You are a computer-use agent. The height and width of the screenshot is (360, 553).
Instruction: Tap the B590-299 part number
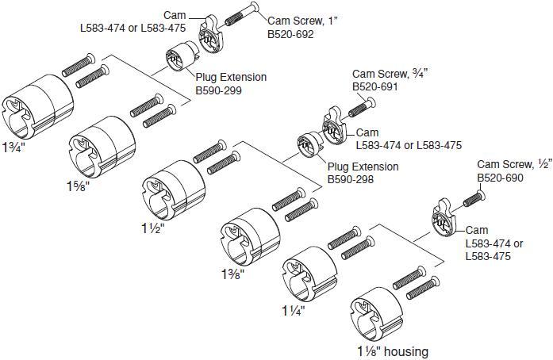218,91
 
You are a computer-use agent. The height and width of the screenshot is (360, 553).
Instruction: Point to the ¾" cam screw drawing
359,102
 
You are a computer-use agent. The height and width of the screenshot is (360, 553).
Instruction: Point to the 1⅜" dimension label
232,274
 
